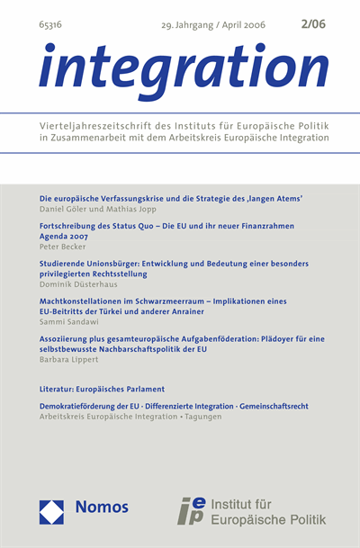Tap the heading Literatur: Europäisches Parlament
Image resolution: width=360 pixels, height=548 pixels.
tap(103, 389)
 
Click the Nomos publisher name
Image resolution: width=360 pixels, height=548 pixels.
tap(102, 508)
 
